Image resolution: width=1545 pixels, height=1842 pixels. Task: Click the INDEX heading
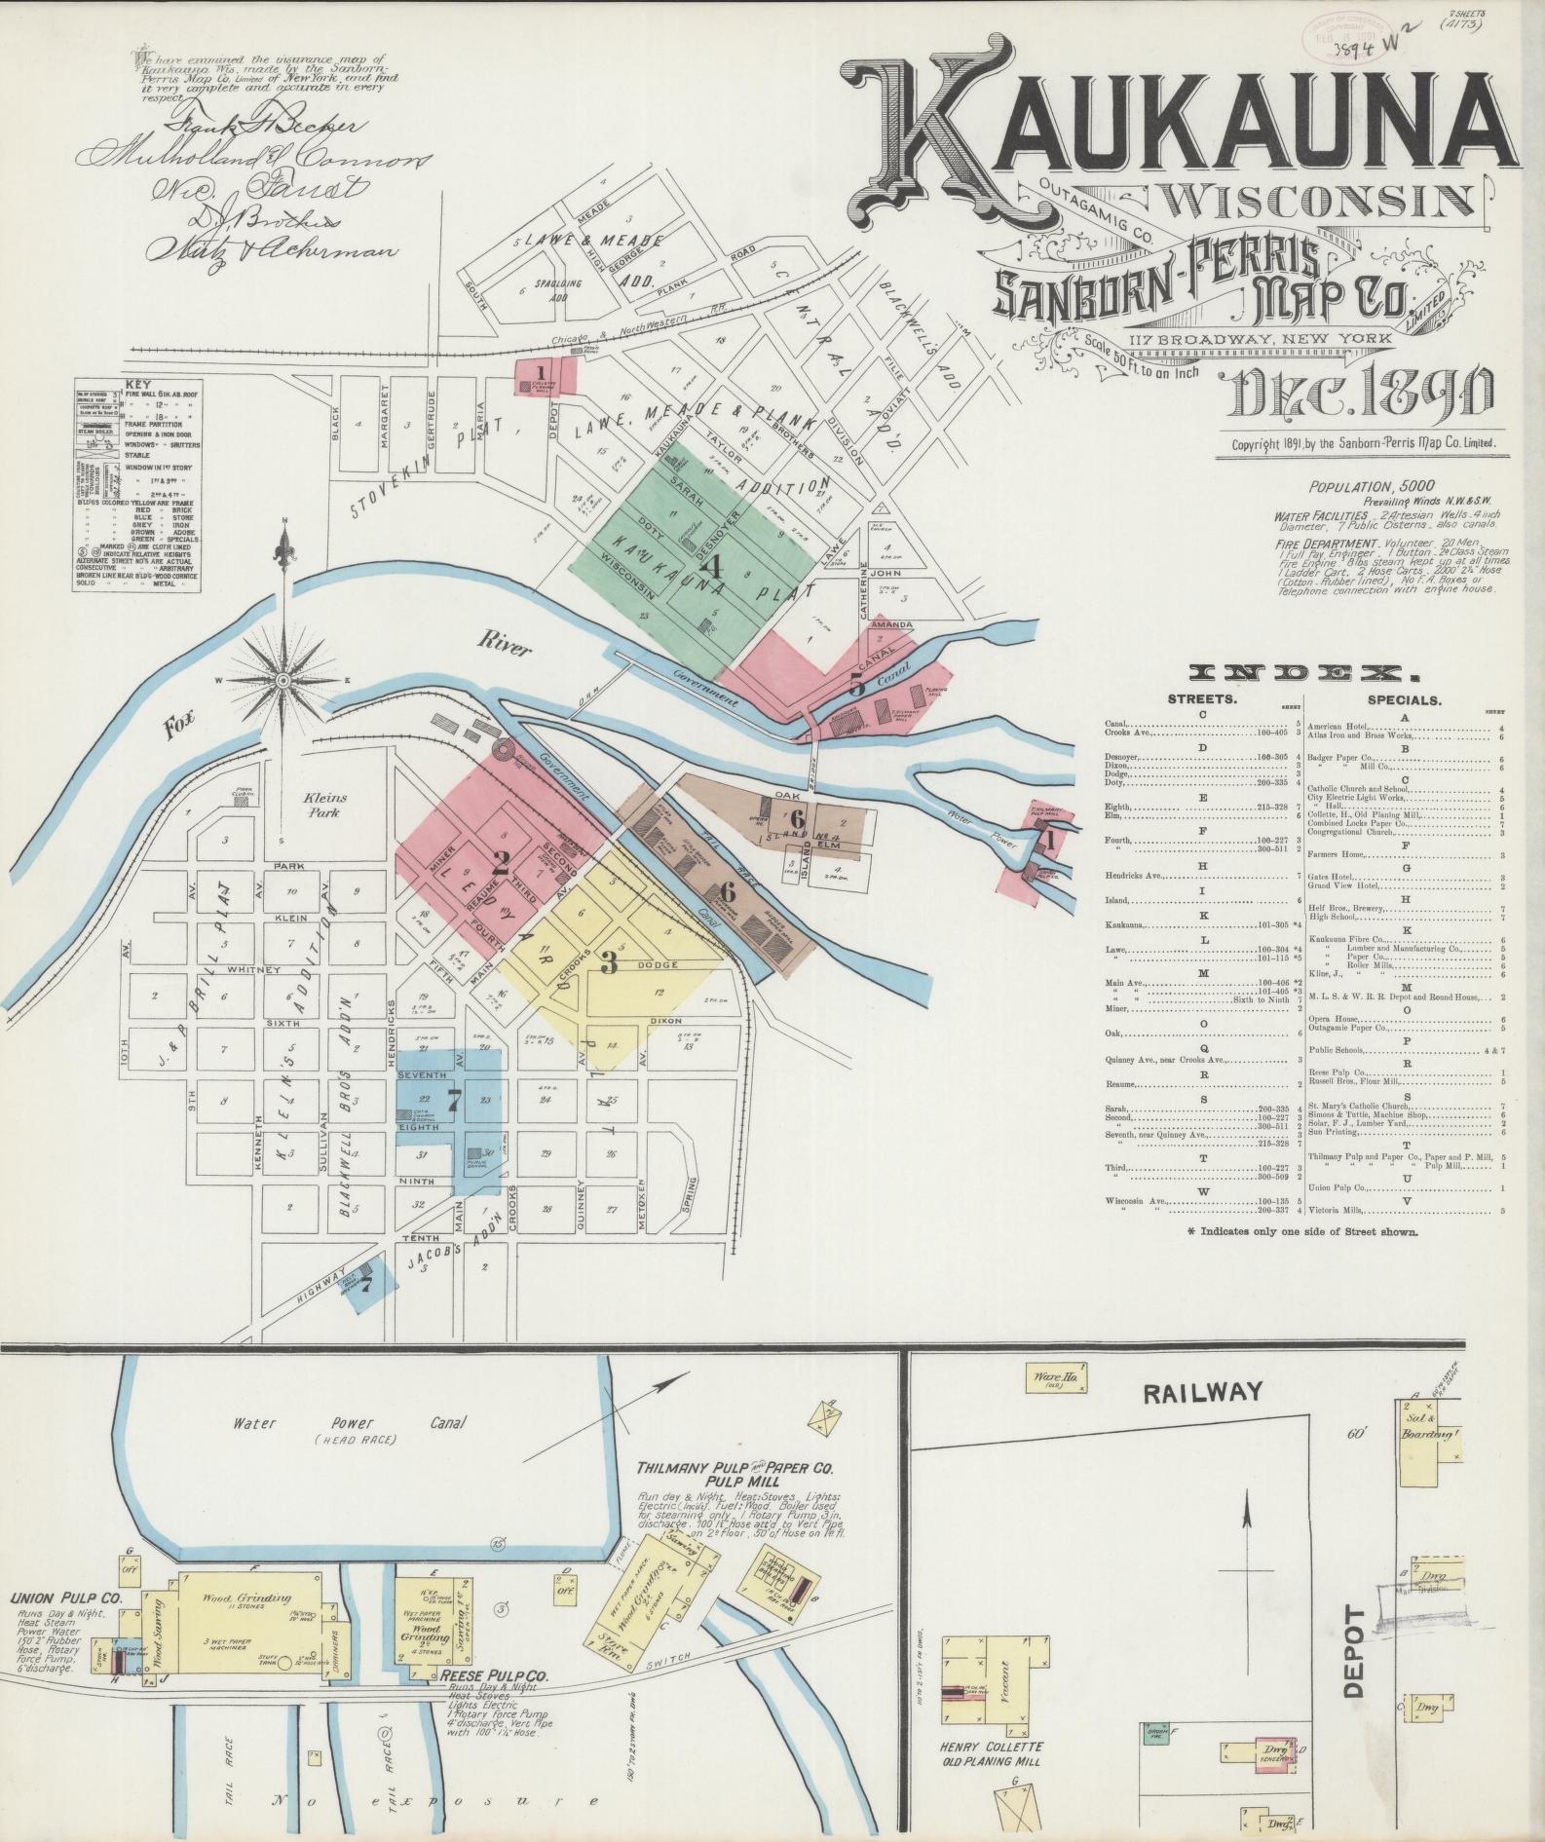tap(1303, 673)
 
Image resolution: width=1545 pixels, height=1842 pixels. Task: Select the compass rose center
tap(283, 679)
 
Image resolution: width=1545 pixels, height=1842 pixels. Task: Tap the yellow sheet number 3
tap(609, 963)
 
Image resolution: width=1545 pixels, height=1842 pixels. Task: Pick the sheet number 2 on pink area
tap(501, 861)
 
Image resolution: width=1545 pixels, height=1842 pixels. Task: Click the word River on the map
tap(504, 645)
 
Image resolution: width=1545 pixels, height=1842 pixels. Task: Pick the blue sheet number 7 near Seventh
tap(452, 1100)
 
